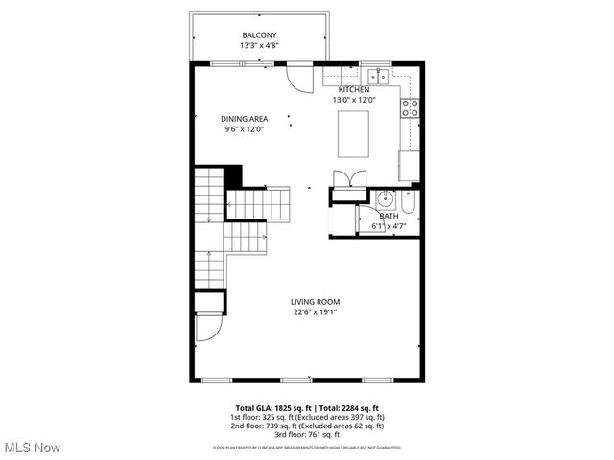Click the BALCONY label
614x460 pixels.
259,35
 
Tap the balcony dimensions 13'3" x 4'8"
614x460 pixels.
259,46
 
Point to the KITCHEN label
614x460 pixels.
353,89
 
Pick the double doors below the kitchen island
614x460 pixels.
344,179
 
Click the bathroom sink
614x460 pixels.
385,199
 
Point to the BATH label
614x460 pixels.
389,217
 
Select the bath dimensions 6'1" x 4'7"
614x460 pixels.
389,226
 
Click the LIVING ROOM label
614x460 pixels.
316,302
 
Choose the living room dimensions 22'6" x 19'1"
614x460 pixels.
316,311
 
